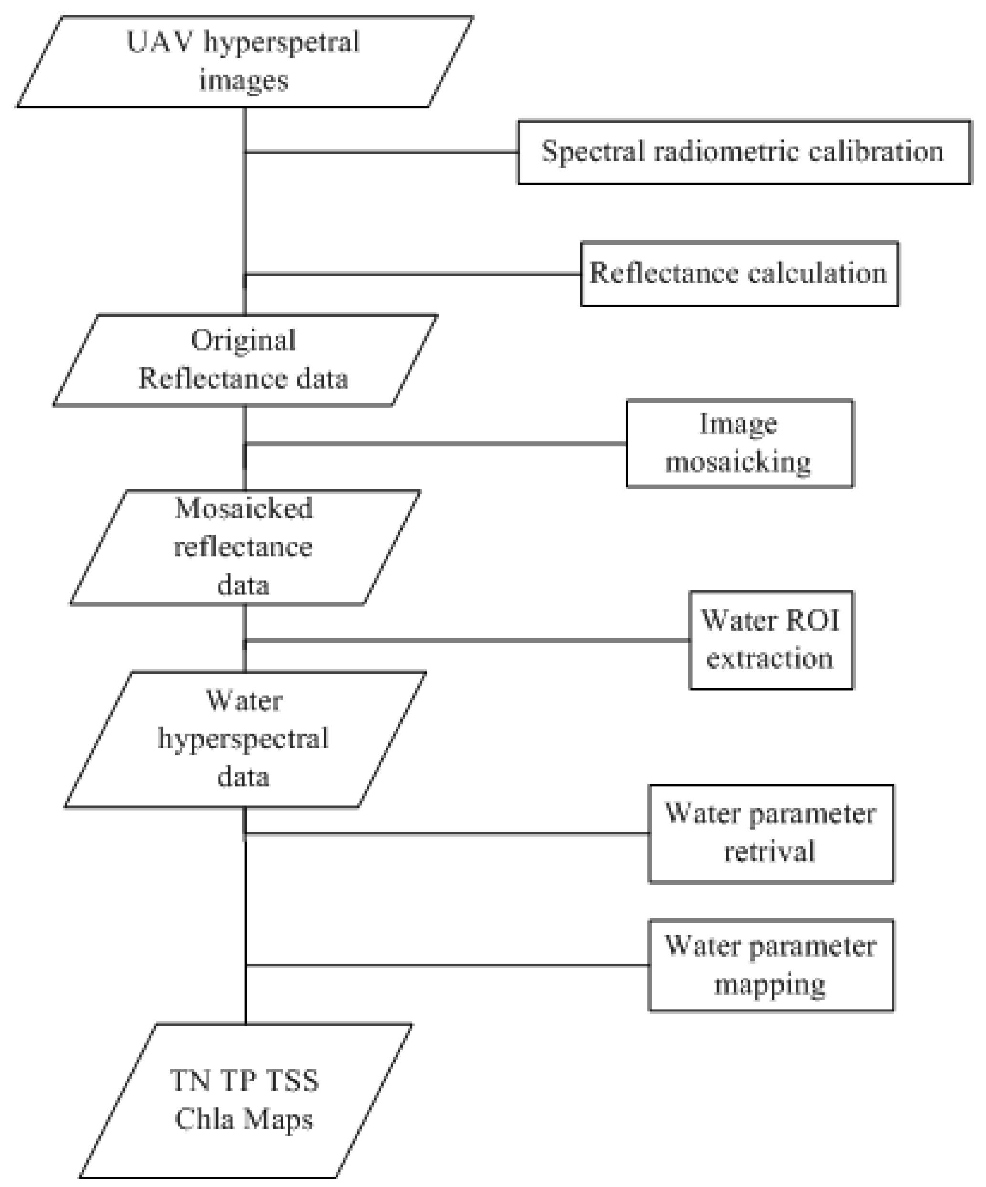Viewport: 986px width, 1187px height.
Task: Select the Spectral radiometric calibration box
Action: (x=744, y=152)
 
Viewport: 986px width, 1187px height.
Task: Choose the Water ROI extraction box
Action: (x=771, y=640)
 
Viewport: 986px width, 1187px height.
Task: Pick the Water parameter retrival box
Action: (x=771, y=833)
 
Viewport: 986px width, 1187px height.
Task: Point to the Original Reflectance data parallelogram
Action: (x=244, y=360)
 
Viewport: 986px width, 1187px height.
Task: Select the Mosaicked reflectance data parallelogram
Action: (x=244, y=547)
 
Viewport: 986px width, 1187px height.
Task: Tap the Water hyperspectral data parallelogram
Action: (x=244, y=739)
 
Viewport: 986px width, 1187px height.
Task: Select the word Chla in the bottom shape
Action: (x=199, y=1119)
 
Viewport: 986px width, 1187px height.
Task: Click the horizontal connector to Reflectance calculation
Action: (x=413, y=274)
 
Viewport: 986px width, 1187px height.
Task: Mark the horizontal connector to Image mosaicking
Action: (x=435, y=444)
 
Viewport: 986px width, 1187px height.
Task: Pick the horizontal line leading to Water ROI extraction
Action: (x=466, y=640)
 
